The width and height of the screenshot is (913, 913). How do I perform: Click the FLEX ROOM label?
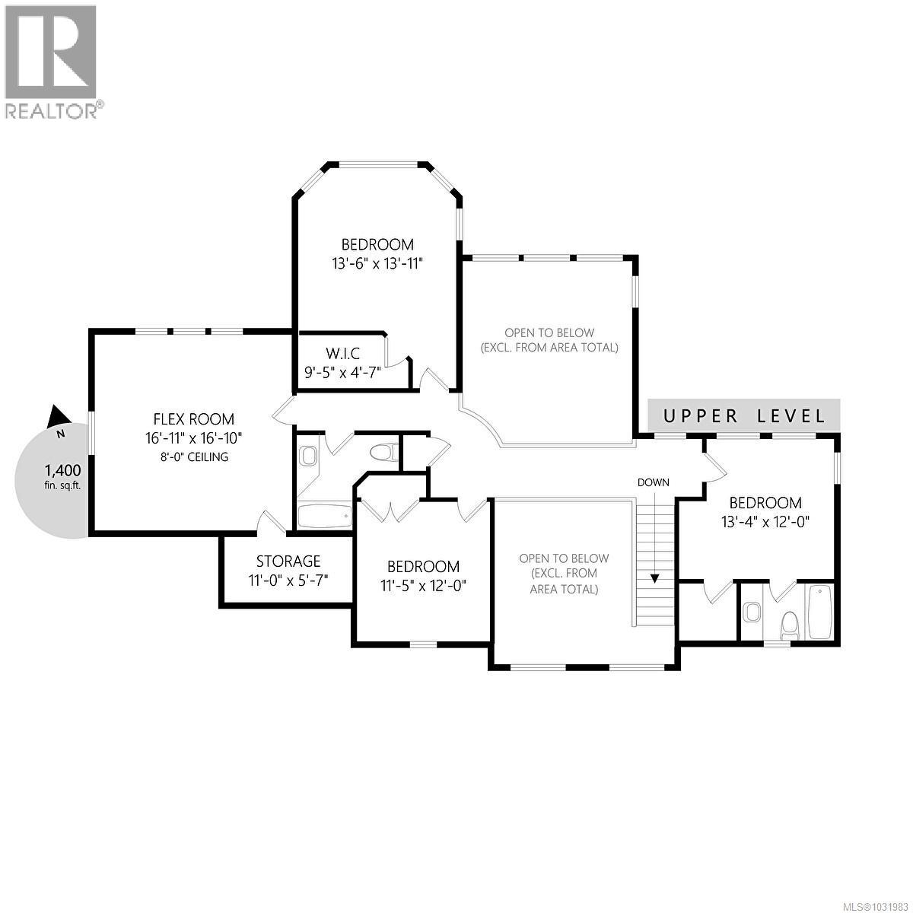click(194, 419)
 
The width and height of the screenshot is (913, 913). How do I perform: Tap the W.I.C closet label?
click(342, 354)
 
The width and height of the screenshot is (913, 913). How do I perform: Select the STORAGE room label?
click(288, 561)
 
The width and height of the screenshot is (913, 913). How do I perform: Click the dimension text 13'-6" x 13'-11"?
click(377, 263)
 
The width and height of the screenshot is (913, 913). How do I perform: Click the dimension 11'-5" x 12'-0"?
click(423, 586)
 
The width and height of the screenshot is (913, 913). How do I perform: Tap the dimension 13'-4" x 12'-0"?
click(765, 522)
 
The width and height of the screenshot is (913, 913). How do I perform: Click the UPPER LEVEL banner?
click(744, 416)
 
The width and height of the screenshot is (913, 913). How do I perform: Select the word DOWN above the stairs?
click(653, 482)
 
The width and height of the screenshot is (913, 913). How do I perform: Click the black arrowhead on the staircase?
click(654, 578)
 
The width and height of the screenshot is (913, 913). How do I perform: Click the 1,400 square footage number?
click(62, 469)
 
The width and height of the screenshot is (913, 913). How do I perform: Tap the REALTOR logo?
click(52, 61)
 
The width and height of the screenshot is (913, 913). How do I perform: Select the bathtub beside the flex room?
click(324, 517)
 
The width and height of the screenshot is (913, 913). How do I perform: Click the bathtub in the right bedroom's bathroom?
click(820, 612)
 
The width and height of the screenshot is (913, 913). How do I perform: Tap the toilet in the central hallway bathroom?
click(383, 453)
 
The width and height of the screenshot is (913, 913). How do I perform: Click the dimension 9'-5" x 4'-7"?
click(342, 373)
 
